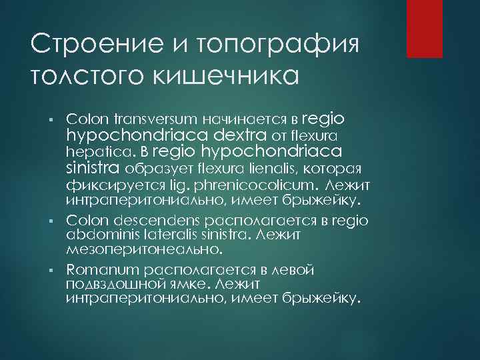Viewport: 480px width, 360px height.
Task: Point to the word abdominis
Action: pyautogui.click(x=97, y=234)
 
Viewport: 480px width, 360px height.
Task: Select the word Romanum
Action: pyautogui.click(x=97, y=269)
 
